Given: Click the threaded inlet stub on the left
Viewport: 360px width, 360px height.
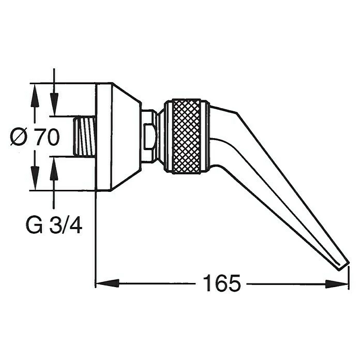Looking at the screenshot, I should (x=86, y=137).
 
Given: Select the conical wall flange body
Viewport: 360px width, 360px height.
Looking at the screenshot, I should (x=118, y=137).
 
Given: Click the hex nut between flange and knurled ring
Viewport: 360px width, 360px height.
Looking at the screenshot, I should (x=150, y=137).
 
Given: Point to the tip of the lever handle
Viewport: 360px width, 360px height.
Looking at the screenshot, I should (x=342, y=264).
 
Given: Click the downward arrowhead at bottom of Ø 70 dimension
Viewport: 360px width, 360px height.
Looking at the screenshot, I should (x=35, y=181).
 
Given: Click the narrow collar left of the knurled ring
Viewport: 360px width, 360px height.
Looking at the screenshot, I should (x=160, y=137).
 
